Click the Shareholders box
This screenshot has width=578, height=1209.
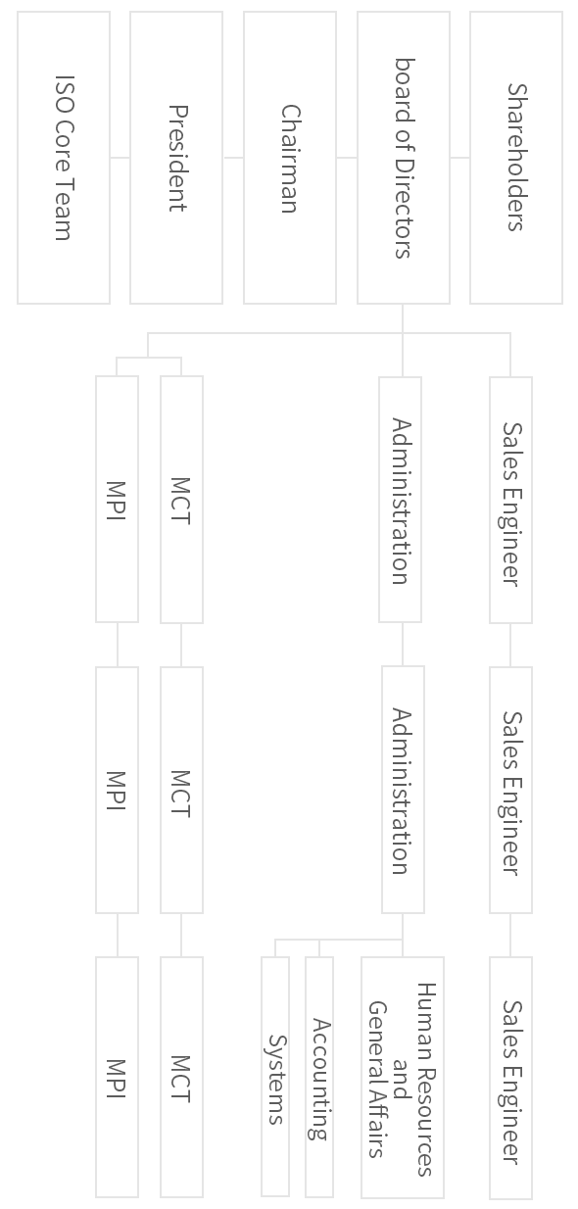(x=516, y=158)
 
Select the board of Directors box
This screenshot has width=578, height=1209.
(x=404, y=158)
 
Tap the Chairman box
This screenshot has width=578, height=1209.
(x=290, y=158)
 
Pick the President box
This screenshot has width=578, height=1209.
(x=176, y=158)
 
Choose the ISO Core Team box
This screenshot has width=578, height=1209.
(x=64, y=158)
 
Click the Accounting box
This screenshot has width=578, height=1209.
(x=319, y=1080)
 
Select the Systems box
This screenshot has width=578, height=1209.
(x=275, y=1080)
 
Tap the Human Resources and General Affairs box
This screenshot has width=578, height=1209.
(x=403, y=1080)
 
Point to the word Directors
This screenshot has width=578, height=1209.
(x=404, y=209)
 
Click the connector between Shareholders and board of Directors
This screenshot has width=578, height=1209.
(x=459, y=158)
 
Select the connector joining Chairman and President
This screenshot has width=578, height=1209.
(x=233, y=158)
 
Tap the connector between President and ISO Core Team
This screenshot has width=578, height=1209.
(x=120, y=158)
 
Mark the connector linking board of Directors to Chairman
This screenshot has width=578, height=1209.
(x=347, y=158)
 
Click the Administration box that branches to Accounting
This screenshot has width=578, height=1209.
(x=404, y=790)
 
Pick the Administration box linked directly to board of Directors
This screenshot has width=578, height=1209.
(x=400, y=500)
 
